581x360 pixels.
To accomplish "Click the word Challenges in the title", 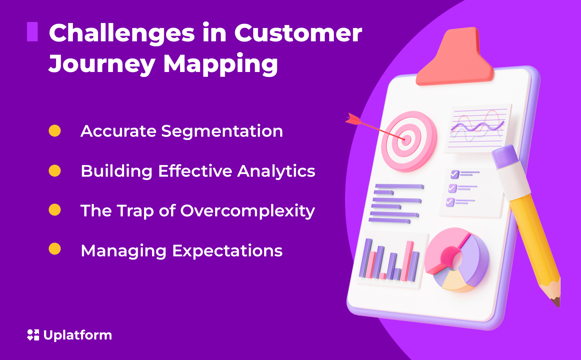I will (x=122, y=33).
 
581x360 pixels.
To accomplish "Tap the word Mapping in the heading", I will (x=220, y=64).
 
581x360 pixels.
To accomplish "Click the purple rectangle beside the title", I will (x=32, y=32).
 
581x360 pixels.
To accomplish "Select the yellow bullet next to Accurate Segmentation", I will (x=55, y=131).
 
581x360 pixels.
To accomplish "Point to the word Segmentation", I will (x=222, y=131).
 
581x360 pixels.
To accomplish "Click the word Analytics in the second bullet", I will (x=276, y=171).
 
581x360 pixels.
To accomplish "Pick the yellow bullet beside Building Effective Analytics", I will (x=55, y=171).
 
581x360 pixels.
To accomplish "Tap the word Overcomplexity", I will (x=247, y=211).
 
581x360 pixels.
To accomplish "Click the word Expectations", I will (x=227, y=251).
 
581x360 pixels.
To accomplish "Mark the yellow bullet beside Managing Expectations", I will (x=55, y=249).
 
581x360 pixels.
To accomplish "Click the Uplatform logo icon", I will (x=33, y=335).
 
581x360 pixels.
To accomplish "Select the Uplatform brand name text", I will (x=78, y=335).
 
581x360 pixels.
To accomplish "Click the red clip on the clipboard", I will (x=455, y=60).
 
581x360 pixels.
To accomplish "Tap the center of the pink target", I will (x=406, y=139).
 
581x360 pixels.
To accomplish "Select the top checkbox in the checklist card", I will (x=455, y=174).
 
